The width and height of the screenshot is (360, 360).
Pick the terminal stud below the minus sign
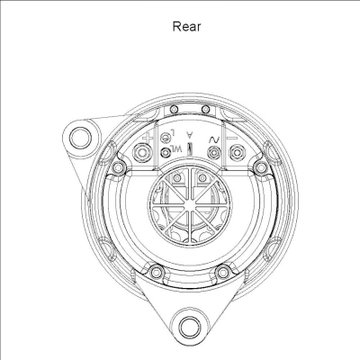(x=236, y=154)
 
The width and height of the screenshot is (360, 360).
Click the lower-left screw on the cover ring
(x=157, y=270)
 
